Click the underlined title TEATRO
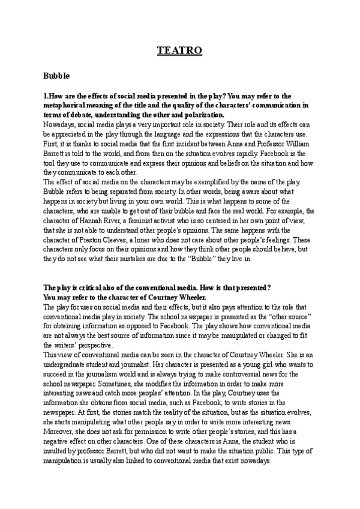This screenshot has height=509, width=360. (x=179, y=52)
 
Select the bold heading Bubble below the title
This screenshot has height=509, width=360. (x=57, y=76)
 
